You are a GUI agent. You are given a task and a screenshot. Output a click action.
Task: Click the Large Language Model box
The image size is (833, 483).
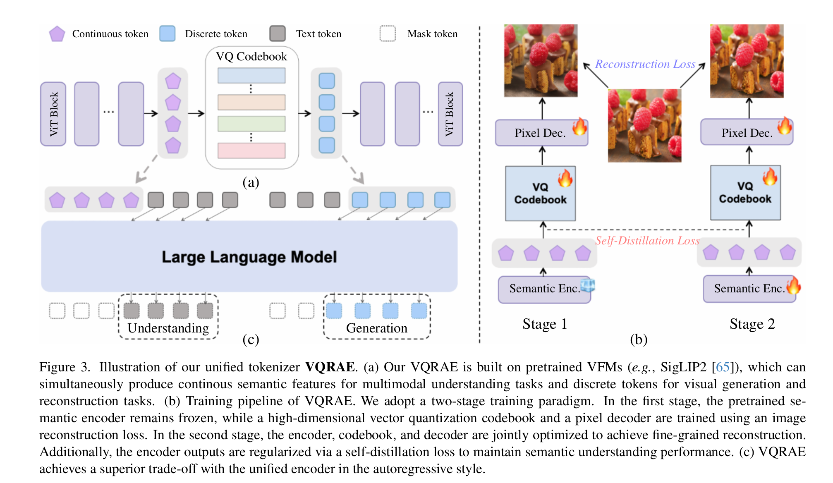point(249,256)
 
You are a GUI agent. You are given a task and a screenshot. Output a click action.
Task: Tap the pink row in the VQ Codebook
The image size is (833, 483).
point(251,151)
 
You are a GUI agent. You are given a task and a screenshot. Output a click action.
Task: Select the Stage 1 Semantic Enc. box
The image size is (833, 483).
point(544,289)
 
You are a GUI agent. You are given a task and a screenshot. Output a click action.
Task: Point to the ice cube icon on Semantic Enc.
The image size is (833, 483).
point(588,285)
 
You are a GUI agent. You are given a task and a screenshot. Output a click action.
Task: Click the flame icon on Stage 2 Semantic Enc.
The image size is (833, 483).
point(793,286)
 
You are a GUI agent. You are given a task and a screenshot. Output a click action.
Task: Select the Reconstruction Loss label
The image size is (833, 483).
point(645,64)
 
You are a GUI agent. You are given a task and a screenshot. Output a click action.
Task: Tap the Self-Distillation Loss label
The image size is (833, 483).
point(647,241)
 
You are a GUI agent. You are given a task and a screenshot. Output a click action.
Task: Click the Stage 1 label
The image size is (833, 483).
point(544,324)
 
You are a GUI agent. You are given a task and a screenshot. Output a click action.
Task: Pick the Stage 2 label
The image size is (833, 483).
point(752,324)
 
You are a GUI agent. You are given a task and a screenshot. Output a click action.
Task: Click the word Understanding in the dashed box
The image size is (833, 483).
point(168,328)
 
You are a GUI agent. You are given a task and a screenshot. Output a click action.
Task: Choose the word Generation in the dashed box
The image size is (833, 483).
point(376,328)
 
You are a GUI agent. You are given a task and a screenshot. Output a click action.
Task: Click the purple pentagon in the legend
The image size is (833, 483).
point(57,34)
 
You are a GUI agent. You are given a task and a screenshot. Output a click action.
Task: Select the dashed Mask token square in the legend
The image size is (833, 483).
point(388,33)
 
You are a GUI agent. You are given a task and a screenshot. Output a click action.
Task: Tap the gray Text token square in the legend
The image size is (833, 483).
point(278,33)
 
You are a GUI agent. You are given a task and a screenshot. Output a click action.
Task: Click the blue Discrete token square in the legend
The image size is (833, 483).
point(168,33)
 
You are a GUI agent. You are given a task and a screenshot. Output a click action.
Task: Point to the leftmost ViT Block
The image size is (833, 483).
point(53,114)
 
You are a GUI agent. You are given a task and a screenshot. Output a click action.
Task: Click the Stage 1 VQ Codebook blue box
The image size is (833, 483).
point(540,194)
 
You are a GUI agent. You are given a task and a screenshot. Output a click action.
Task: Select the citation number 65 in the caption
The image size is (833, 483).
point(722,367)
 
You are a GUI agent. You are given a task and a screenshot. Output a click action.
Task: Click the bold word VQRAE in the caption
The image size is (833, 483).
point(330,367)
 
